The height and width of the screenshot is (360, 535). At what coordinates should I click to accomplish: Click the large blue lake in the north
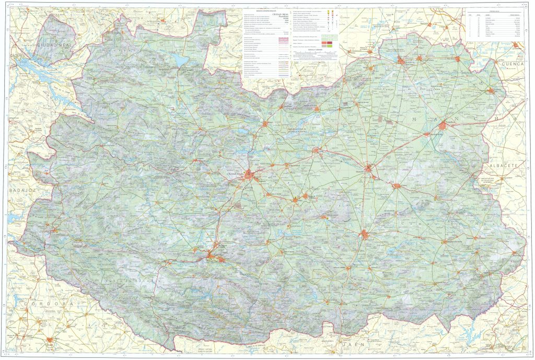pos(181,61)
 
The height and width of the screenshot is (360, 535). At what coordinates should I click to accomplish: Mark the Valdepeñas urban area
pos(364,234)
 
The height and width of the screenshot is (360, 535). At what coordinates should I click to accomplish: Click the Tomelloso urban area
pos(443,125)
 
